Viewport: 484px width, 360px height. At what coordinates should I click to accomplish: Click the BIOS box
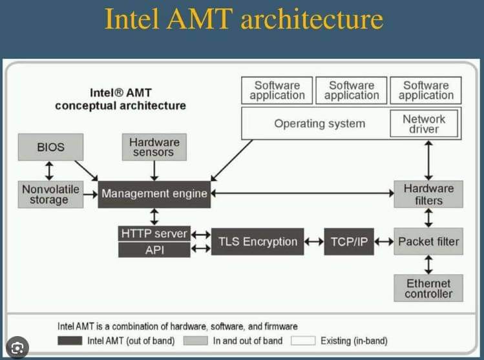pos(50,147)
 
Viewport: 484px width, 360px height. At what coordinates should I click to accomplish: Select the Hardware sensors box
pos(154,147)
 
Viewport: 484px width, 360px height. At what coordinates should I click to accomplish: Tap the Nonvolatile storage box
pos(50,194)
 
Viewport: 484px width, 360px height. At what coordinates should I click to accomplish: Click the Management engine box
pos(154,194)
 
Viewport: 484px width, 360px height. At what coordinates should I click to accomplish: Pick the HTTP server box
pos(154,233)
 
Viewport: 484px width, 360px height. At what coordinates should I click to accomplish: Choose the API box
pos(154,249)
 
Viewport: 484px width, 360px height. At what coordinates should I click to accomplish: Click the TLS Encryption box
pos(257,242)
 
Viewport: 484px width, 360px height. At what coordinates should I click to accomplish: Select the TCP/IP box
pos(349,242)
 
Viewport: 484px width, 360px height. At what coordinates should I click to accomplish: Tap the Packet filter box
pos(428,242)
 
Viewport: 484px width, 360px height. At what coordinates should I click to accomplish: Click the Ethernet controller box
pos(428,288)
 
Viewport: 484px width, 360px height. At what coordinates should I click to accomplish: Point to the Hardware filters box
pos(428,194)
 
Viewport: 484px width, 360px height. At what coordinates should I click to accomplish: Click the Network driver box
pos(424,123)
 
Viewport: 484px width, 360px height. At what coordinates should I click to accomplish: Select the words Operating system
pos(320,123)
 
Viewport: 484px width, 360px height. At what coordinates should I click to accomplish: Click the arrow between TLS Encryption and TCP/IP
pos(314,242)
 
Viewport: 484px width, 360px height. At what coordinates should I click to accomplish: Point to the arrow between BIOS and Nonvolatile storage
pos(49,171)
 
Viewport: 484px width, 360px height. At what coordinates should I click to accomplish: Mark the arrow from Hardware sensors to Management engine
pos(154,171)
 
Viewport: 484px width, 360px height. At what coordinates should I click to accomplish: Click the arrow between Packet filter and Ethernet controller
pos(428,264)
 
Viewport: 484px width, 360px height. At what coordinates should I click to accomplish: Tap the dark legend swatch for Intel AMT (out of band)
pos(70,341)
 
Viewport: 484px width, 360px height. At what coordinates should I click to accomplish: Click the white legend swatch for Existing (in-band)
pos(303,341)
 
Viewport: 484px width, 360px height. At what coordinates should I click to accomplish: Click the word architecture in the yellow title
pos(311,19)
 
